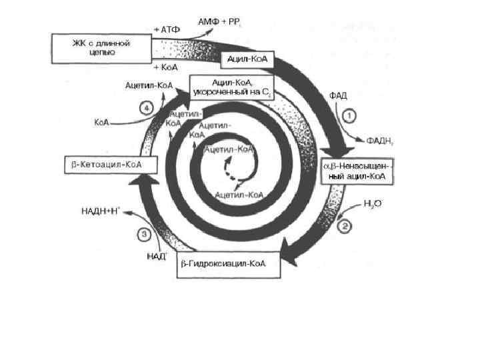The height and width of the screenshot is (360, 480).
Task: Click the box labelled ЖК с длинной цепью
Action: point(101,47)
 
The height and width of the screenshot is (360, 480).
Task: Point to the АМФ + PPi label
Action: point(217,23)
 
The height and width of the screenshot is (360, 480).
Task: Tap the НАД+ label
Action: point(156,255)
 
